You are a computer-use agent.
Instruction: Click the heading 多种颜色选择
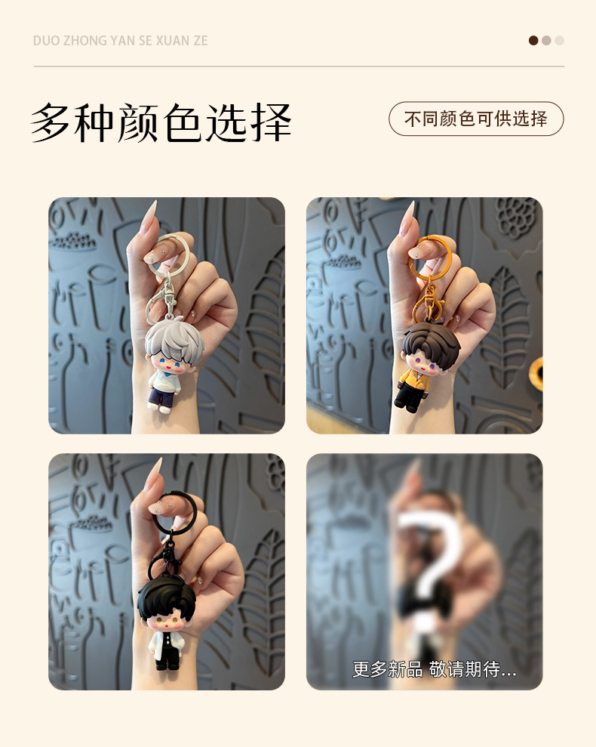(161, 122)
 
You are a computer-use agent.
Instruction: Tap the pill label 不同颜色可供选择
(476, 119)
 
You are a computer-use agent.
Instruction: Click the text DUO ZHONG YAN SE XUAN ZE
(121, 41)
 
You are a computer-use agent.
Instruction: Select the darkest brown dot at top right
(533, 41)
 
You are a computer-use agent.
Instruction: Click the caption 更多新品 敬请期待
(434, 669)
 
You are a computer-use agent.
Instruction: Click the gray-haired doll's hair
(174, 339)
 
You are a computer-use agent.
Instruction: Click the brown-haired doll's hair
(431, 343)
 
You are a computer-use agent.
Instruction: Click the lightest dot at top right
(559, 41)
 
